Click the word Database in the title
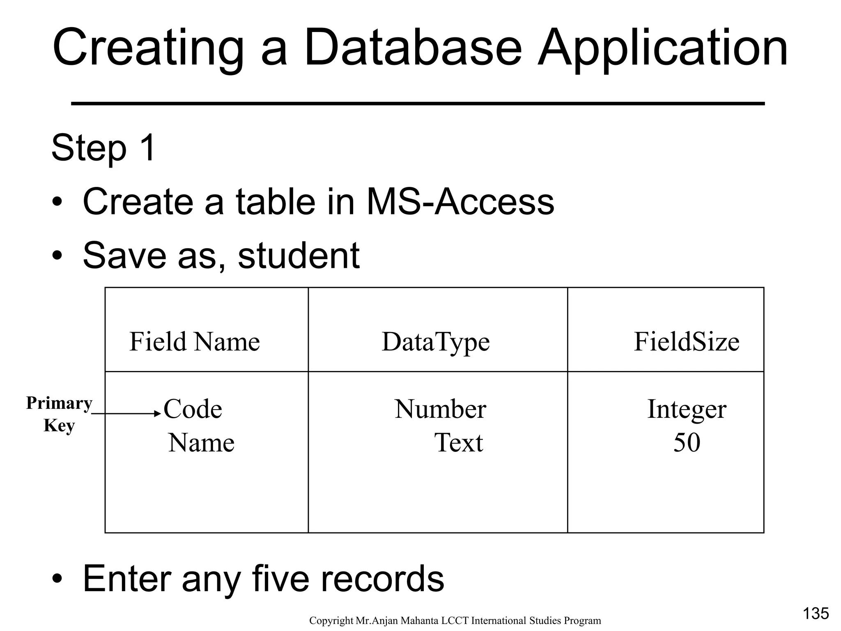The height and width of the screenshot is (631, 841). click(x=412, y=48)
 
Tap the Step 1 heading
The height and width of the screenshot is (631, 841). click(x=103, y=148)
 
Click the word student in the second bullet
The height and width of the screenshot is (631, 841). click(x=299, y=255)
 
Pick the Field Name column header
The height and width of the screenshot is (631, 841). click(x=195, y=342)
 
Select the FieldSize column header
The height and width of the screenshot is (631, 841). click(x=686, y=342)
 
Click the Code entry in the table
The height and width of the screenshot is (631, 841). click(x=193, y=410)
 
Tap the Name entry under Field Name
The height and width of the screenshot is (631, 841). click(x=201, y=443)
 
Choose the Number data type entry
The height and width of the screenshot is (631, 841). click(x=440, y=410)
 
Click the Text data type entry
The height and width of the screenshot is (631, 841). click(x=459, y=443)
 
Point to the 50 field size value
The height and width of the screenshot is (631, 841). click(x=687, y=443)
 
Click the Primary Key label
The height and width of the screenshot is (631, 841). click(x=59, y=414)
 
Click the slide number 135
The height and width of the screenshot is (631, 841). click(x=816, y=613)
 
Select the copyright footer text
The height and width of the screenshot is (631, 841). click(x=455, y=621)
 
